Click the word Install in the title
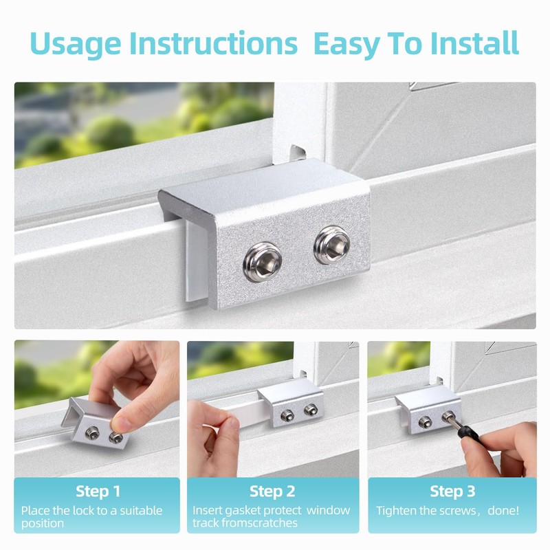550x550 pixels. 474,43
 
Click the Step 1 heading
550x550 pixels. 98,492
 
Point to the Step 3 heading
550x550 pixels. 452,492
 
